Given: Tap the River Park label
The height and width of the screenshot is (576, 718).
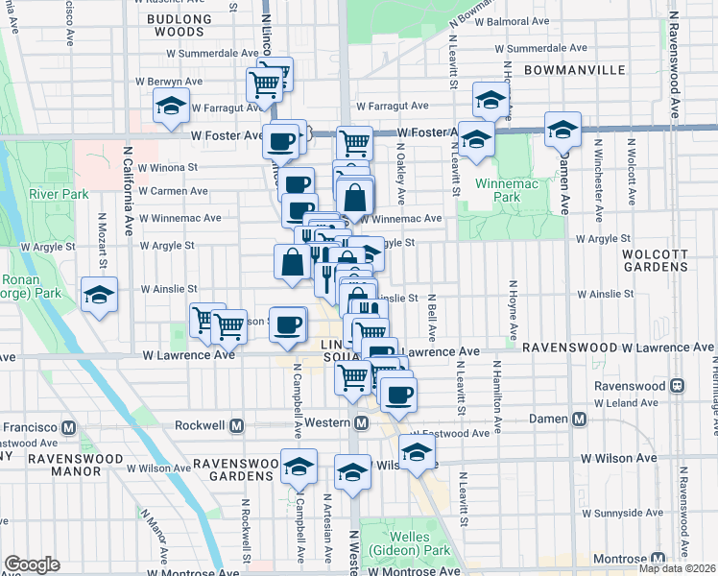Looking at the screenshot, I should [59, 194].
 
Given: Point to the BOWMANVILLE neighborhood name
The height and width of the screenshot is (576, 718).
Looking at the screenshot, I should [575, 70].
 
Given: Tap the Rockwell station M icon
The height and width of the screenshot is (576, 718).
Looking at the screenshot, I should [237, 424].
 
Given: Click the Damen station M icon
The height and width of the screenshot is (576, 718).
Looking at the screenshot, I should [579, 420].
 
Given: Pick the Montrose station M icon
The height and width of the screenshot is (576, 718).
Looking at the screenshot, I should [658, 559].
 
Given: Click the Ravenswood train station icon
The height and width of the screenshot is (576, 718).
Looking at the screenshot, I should [677, 385].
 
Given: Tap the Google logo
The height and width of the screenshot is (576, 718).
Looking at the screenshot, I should [32, 564].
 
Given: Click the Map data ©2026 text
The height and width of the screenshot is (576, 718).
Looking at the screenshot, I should [677, 568].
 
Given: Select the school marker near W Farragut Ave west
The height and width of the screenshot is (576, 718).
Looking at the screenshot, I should [171, 105].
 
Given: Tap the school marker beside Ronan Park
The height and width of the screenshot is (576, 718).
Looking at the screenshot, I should [98, 294].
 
